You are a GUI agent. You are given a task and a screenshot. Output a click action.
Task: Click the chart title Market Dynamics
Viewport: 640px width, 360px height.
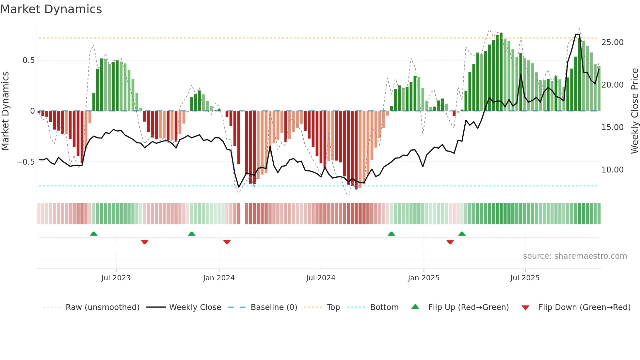coord(51,9)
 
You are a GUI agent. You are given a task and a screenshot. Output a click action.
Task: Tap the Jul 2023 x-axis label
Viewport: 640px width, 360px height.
coord(116,278)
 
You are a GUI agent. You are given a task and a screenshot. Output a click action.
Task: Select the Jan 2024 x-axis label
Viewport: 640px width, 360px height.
coord(219,278)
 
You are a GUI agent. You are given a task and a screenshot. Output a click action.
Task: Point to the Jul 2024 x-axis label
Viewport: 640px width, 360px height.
coord(321,278)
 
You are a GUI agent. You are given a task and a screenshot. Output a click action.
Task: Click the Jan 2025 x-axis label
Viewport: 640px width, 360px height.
coord(424,278)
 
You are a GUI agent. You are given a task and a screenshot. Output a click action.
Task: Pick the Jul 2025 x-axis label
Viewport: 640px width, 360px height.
coord(525,278)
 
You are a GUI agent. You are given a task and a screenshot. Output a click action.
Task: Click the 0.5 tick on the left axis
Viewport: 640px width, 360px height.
coord(28,60)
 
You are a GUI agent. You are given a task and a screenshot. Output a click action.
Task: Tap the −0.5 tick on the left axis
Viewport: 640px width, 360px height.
coord(25,162)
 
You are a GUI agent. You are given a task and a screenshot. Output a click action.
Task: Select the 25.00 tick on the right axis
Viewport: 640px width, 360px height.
coord(612,42)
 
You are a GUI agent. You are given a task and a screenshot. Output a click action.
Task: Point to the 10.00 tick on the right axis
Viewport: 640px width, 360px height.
coord(612,170)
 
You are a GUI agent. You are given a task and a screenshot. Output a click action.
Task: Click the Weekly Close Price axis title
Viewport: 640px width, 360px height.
coord(634,111)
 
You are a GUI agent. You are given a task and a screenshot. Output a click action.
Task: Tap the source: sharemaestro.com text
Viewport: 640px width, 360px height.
coord(575,256)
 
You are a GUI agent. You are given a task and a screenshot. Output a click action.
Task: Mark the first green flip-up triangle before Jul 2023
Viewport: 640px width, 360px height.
coord(94,234)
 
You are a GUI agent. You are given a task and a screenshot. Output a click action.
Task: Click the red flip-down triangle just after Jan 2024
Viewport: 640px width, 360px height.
coord(227,242)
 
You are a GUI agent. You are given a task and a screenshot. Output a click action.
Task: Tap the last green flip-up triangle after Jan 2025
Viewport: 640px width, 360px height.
coord(462,234)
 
